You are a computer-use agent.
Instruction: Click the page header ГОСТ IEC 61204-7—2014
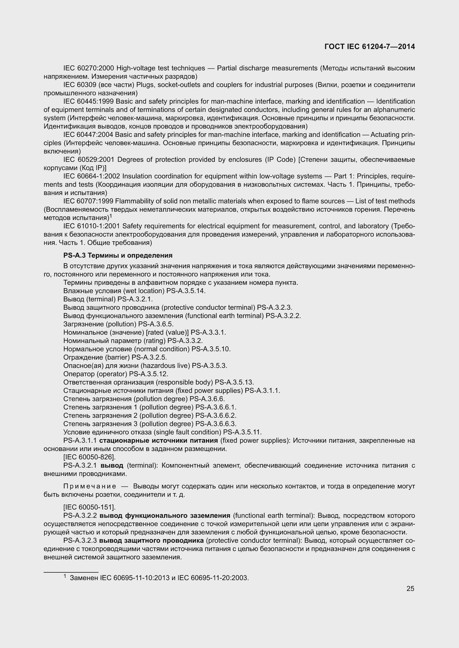click(x=370, y=47)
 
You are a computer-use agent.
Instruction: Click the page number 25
click(x=410, y=589)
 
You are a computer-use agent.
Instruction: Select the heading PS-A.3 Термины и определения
click(x=118, y=255)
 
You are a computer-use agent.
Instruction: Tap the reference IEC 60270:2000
click(x=89, y=68)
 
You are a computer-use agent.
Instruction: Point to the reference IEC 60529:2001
click(x=89, y=160)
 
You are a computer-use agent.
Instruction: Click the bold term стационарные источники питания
click(x=158, y=440)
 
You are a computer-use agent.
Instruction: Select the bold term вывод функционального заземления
click(x=165, y=516)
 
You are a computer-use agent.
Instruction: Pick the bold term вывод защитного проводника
click(x=152, y=541)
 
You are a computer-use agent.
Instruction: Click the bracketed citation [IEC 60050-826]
click(x=89, y=457)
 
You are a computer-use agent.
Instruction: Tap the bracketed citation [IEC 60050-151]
click(x=89, y=507)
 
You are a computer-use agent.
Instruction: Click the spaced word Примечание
click(x=90, y=486)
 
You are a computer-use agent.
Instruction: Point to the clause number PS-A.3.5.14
click(x=186, y=291)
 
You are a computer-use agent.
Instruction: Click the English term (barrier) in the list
click(x=117, y=357)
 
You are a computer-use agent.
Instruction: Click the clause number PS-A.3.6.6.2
click(x=216, y=416)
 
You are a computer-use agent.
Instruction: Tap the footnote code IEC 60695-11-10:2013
click(x=141, y=578)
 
